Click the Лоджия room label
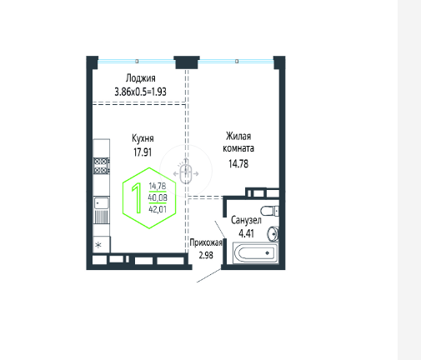click(x=140, y=78)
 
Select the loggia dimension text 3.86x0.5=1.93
click(x=140, y=92)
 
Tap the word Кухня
click(x=143, y=138)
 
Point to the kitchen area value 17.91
click(x=143, y=152)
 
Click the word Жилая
click(x=238, y=136)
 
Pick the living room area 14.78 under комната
click(x=238, y=164)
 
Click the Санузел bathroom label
click(x=246, y=220)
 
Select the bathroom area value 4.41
click(x=246, y=233)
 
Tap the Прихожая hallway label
click(x=206, y=242)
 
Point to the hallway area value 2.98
click(x=206, y=255)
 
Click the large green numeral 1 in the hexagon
click(x=137, y=198)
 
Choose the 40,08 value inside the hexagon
click(x=158, y=197)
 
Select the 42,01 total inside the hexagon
click(x=158, y=209)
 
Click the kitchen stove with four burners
click(x=102, y=166)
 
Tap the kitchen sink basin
click(x=102, y=203)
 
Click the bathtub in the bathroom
click(x=255, y=252)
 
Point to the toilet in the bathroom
click(x=269, y=211)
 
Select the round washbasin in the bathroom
click(x=273, y=234)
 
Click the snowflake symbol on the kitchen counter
click(x=98, y=245)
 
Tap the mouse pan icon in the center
click(x=186, y=173)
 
